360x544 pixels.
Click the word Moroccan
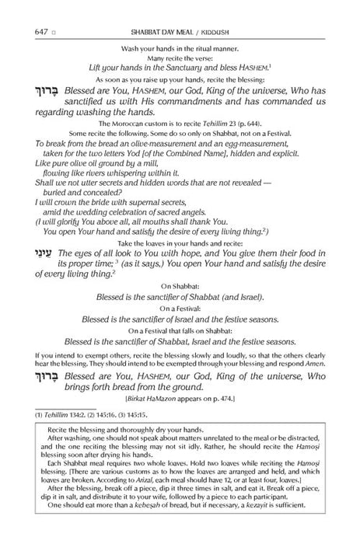133,124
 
